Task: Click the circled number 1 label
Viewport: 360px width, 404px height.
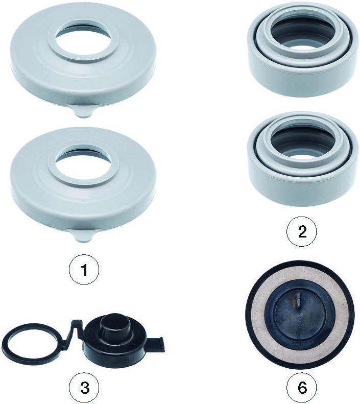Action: pos(84,270)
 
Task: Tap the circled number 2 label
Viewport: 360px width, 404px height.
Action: pos(302,231)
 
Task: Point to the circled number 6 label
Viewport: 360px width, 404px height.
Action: pos(302,387)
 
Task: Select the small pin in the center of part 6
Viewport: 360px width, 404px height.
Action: pos(298,301)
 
